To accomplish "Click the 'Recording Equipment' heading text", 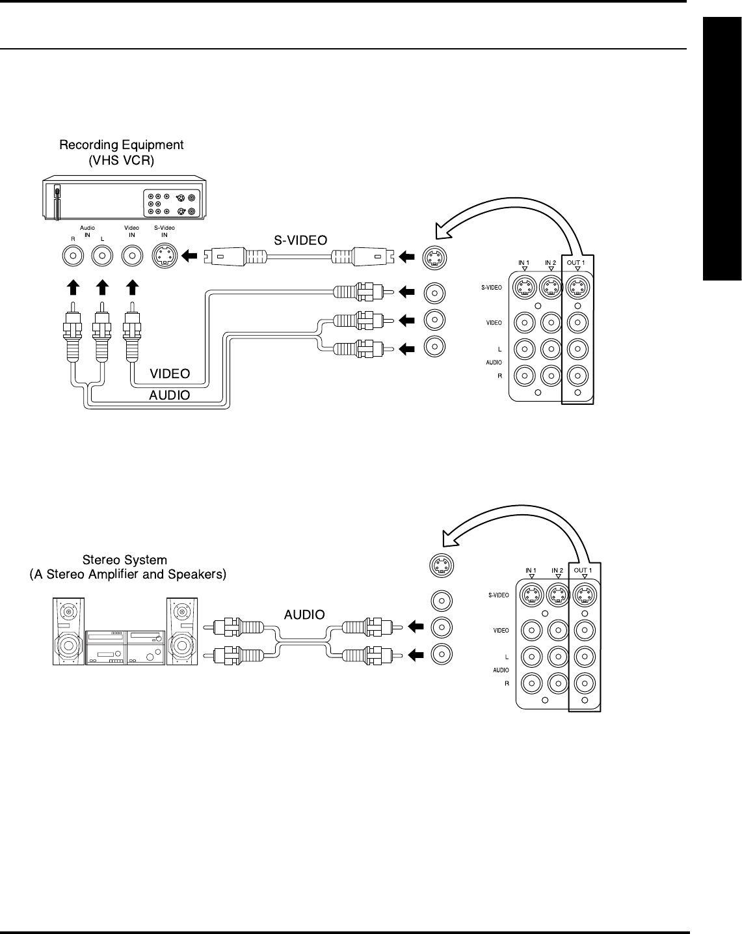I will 122,145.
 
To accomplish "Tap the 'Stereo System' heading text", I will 125,560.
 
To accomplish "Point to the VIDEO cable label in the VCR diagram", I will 170,374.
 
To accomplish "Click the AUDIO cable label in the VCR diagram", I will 170,394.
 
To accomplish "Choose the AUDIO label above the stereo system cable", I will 304,614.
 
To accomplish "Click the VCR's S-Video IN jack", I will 165,256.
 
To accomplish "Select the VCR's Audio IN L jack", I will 101,256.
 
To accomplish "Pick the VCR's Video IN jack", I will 133,256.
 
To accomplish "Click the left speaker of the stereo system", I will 68,631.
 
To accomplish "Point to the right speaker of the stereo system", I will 182,631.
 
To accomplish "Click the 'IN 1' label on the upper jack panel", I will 524,262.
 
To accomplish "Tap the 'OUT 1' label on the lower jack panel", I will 583,570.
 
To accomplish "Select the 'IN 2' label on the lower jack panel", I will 557,570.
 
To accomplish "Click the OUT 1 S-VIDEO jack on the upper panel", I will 577,287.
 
